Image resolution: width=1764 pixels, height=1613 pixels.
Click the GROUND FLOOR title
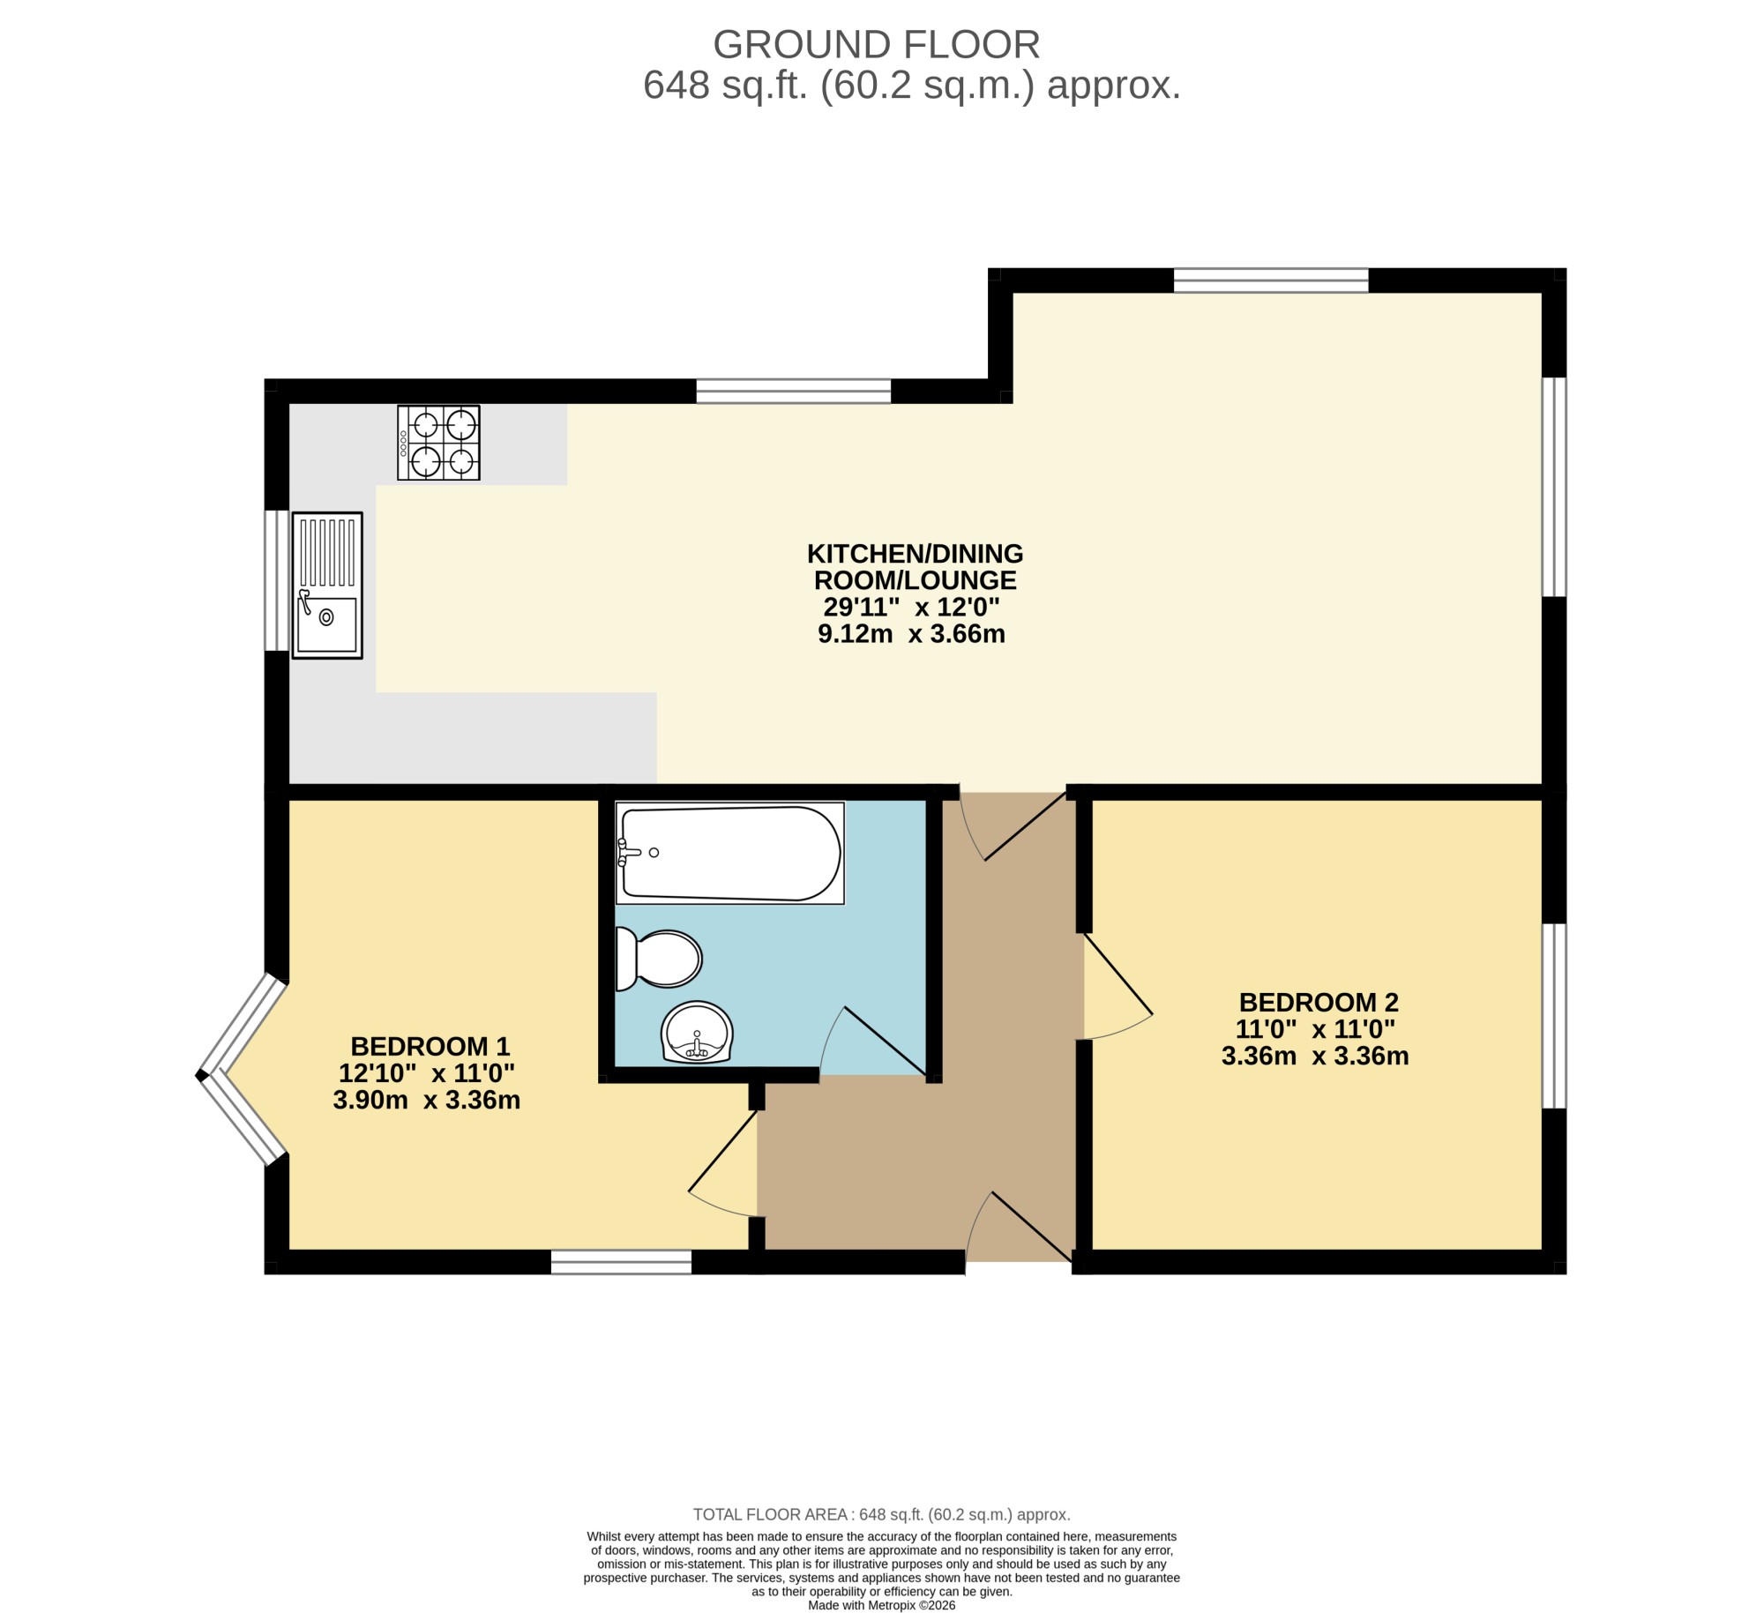pyautogui.click(x=876, y=44)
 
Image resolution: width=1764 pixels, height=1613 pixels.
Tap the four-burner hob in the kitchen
pyautogui.click(x=438, y=443)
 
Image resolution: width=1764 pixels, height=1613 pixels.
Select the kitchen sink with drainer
pyautogui.click(x=327, y=586)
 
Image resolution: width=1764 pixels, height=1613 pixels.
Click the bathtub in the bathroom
pyautogui.click(x=730, y=853)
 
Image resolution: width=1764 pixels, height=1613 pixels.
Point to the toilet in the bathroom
pyautogui.click(x=659, y=960)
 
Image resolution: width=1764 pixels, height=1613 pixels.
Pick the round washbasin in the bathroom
pyautogui.click(x=697, y=1032)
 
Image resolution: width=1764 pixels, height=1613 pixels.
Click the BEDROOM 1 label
pyautogui.click(x=430, y=1047)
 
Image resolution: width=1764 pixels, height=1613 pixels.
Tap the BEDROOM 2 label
pyautogui.click(x=1319, y=1003)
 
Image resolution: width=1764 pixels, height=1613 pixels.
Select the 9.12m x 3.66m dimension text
pyautogui.click(x=911, y=634)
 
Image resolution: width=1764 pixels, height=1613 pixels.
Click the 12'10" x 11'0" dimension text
pyautogui.click(x=427, y=1073)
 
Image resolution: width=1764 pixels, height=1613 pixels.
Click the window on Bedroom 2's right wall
pyautogui.click(x=1554, y=1015)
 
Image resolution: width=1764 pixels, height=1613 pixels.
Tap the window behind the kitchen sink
pyautogui.click(x=277, y=580)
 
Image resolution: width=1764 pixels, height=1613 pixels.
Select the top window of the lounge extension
pyautogui.click(x=1271, y=280)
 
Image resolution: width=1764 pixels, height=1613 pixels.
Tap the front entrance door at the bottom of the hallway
pyautogui.click(x=1020, y=1227)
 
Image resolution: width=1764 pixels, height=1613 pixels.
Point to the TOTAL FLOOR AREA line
pyautogui.click(x=881, y=1514)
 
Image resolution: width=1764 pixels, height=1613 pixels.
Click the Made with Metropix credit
pyautogui.click(x=881, y=1605)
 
